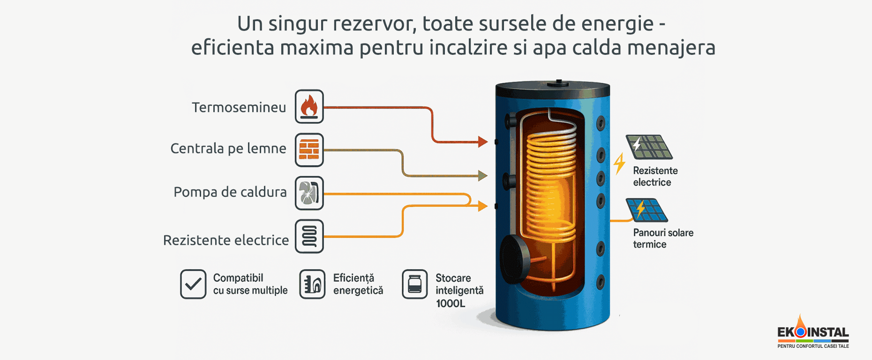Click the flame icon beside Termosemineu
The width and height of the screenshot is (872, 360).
[x=309, y=107]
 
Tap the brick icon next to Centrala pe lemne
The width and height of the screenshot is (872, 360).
[x=309, y=150]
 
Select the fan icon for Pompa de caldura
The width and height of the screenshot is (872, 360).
[x=309, y=193]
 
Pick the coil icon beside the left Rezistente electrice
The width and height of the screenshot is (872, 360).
[x=309, y=236]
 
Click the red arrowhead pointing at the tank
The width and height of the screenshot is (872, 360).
[x=482, y=142]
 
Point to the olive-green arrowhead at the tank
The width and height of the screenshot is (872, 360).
[x=482, y=176]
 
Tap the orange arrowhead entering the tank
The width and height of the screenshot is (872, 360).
[x=482, y=205]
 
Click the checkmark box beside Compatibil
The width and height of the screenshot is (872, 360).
[x=193, y=284]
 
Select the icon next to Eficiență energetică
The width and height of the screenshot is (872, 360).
[x=312, y=284]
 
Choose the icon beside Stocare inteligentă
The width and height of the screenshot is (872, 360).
[x=415, y=284]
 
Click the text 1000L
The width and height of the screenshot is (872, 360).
[x=451, y=304]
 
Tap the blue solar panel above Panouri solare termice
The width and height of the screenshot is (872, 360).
[x=646, y=210]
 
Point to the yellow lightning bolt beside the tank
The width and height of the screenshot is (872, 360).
[x=619, y=164]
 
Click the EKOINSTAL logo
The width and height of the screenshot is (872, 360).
[x=813, y=333]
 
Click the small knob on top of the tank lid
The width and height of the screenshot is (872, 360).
[x=559, y=83]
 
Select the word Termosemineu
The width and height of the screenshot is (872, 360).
[x=239, y=107]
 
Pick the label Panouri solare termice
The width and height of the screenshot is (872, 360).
[x=663, y=239]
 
